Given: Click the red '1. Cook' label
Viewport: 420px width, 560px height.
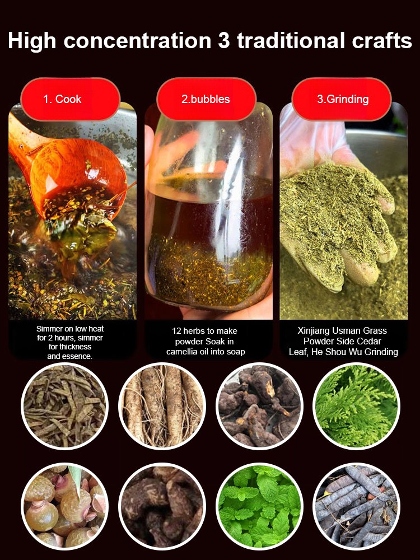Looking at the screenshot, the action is (x=71, y=99).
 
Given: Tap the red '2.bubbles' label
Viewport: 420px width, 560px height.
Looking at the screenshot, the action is (x=206, y=99).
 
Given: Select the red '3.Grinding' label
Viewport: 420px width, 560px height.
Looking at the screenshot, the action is (x=342, y=99).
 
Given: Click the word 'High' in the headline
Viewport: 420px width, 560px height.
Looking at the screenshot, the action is (x=32, y=41).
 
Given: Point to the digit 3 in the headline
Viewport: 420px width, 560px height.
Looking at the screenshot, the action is (x=223, y=40).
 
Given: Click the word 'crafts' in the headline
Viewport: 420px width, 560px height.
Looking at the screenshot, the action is (x=382, y=40).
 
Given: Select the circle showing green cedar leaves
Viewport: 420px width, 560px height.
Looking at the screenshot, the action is (x=356, y=406).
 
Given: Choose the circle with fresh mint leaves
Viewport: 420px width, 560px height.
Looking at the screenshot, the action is (x=259, y=506).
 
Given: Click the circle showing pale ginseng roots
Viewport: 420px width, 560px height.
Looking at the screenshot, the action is (x=162, y=406).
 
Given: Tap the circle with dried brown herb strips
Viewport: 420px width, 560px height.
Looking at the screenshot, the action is (x=64, y=406).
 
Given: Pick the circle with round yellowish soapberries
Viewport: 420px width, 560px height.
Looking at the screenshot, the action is (x=64, y=506).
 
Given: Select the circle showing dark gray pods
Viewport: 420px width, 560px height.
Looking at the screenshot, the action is (x=356, y=506).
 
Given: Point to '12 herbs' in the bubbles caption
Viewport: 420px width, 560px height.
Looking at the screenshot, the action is (x=186, y=331).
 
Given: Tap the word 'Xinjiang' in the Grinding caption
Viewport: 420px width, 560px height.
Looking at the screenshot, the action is (x=314, y=331).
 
